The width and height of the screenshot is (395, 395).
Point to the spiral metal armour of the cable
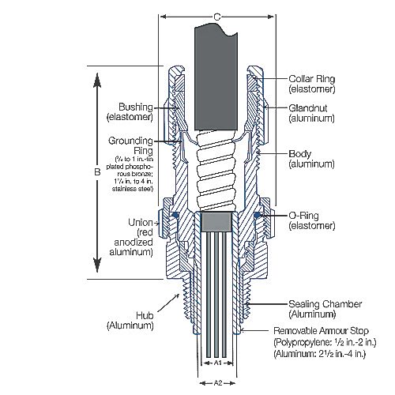point(209,170)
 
